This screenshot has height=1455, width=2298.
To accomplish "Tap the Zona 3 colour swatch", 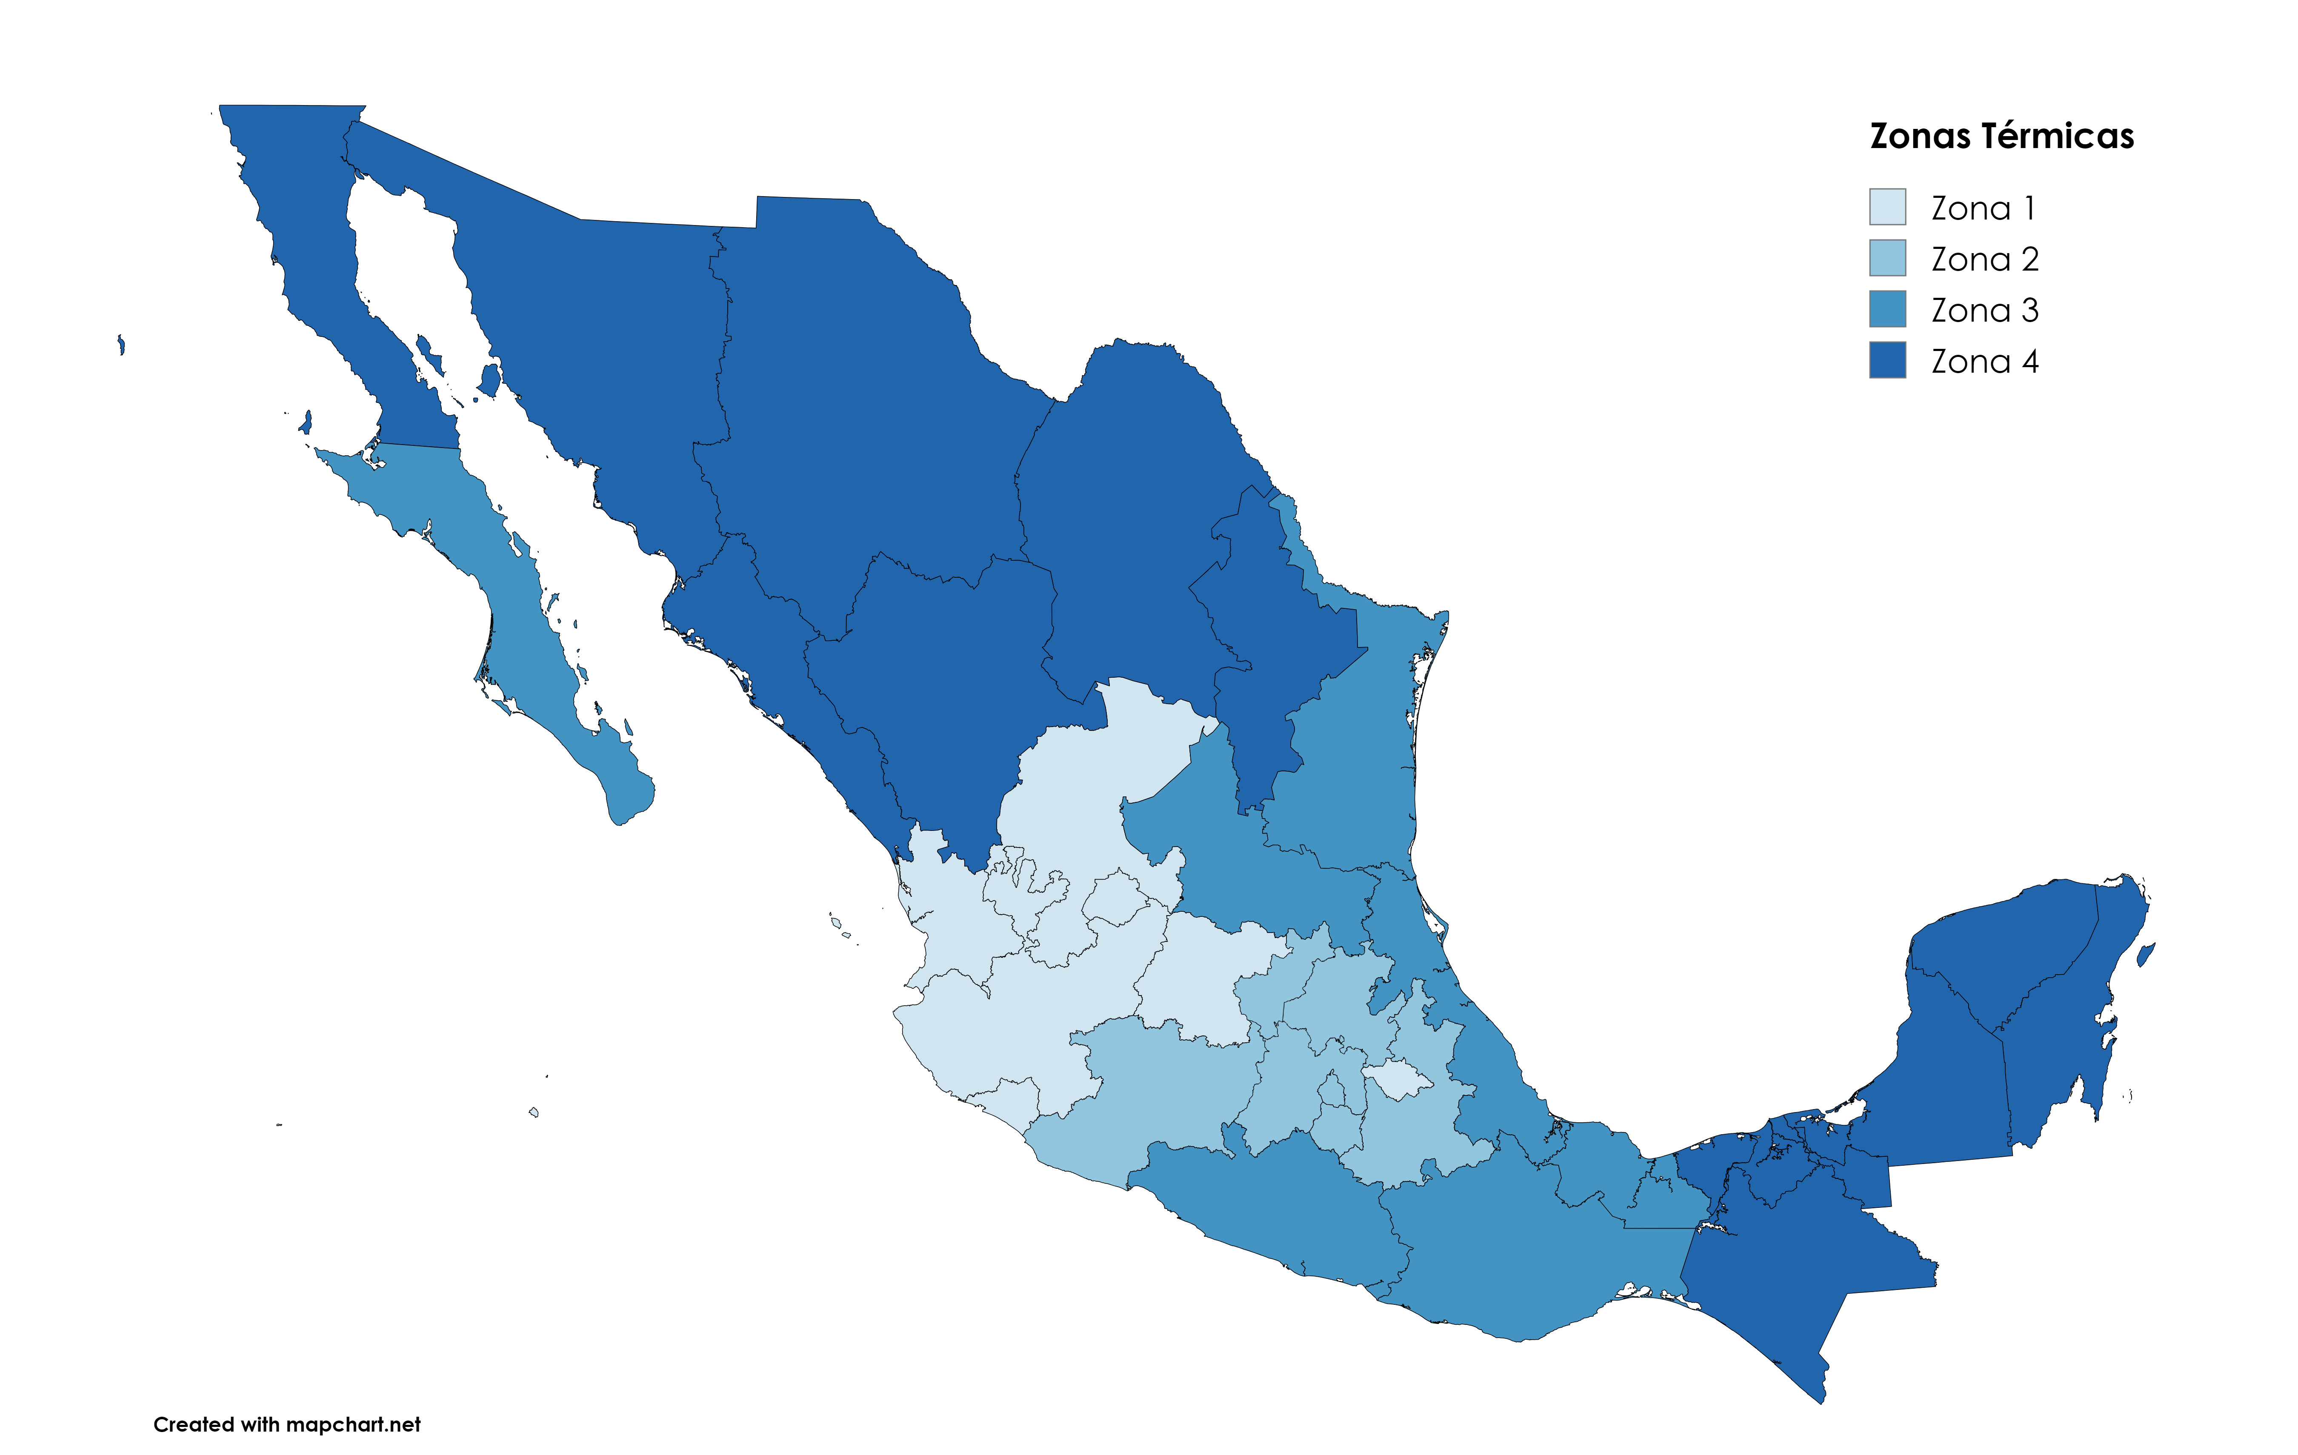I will (x=1886, y=309).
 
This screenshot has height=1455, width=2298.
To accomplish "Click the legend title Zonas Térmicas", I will (x=2001, y=137).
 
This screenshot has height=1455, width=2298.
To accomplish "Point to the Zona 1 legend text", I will (x=1983, y=208).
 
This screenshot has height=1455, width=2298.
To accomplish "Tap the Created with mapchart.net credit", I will (x=286, y=1424).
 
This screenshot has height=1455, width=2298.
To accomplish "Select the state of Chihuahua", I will (x=859, y=401).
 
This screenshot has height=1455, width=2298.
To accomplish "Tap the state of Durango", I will (x=935, y=687).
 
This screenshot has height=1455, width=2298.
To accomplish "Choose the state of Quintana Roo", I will (x=2061, y=1030).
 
